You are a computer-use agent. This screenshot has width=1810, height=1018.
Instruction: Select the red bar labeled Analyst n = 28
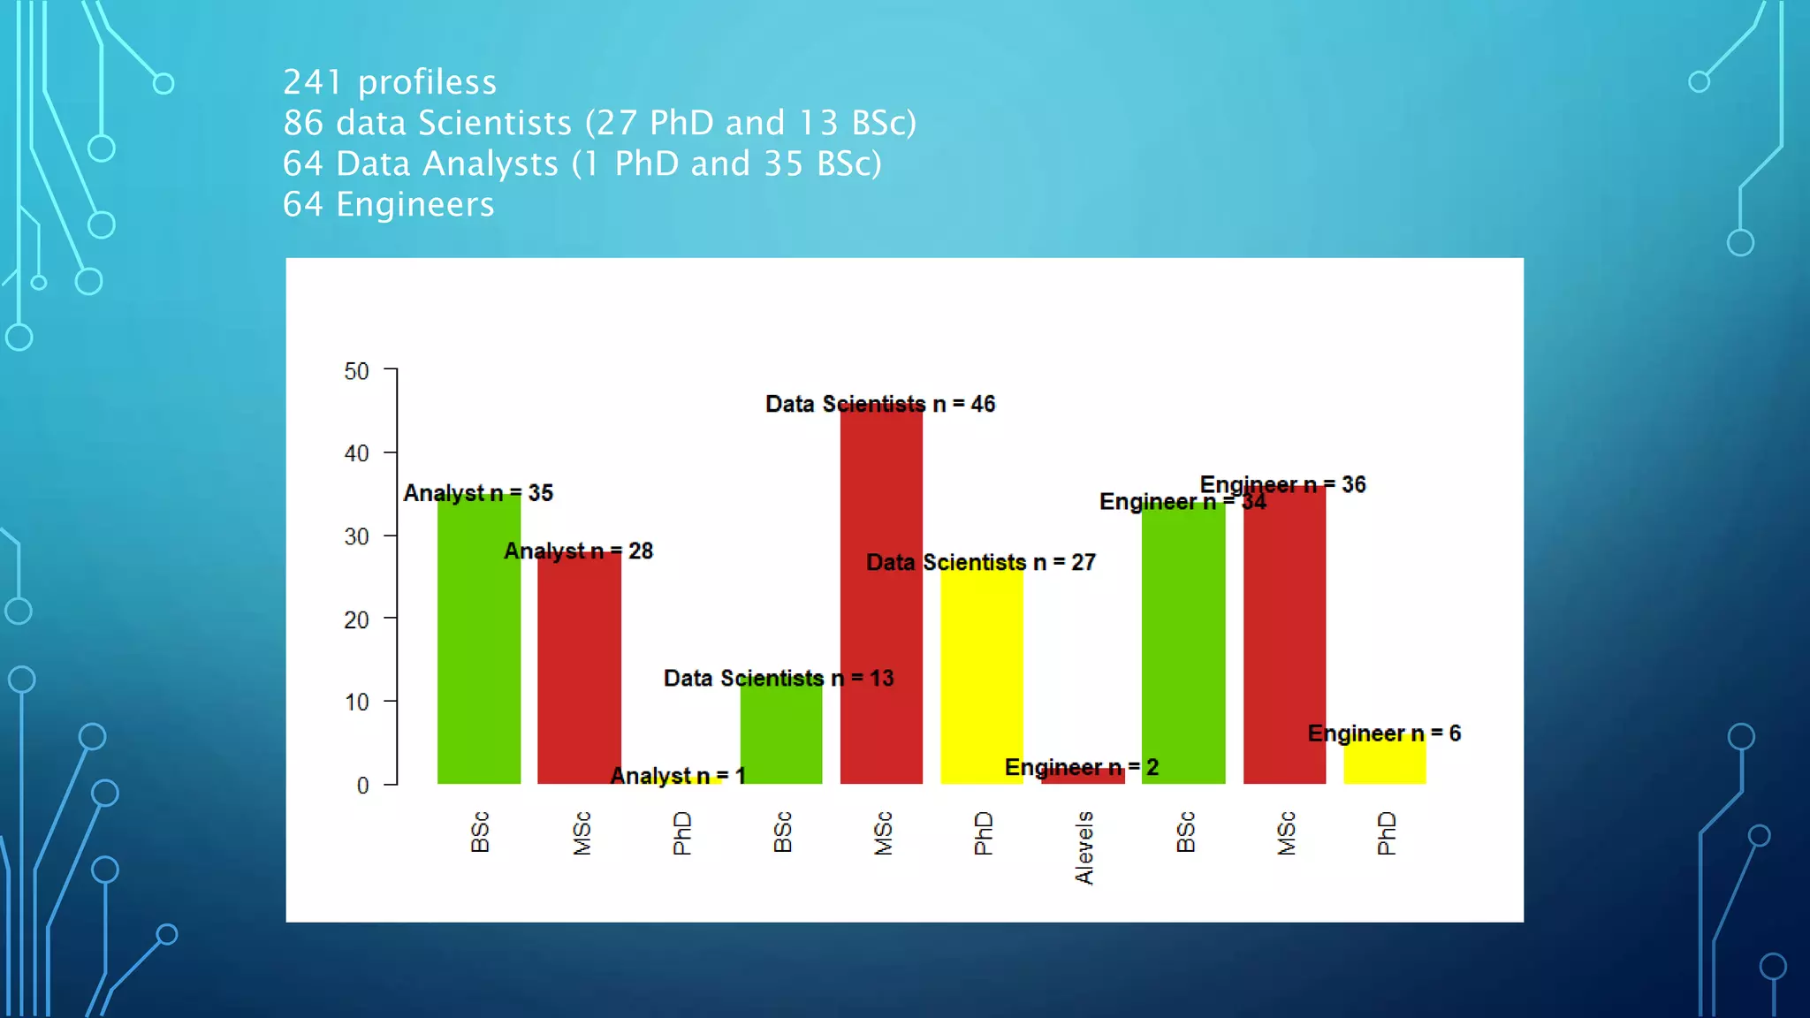(x=579, y=672)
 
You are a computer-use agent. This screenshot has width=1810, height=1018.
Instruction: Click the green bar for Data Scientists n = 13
(x=781, y=733)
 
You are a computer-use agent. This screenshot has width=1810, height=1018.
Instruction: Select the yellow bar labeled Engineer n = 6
(x=1384, y=762)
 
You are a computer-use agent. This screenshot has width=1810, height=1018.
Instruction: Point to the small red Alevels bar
(x=1083, y=778)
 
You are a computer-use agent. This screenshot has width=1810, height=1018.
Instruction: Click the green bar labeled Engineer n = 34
(x=1183, y=645)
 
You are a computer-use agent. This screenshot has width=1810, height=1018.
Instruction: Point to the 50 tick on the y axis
(x=357, y=371)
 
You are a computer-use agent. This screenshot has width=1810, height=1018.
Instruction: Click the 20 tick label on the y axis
(x=357, y=619)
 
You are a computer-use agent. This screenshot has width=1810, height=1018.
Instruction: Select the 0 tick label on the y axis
(x=362, y=785)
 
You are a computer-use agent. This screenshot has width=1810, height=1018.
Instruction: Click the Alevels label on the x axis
(x=1084, y=848)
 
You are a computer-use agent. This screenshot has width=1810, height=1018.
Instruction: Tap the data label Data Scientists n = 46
(x=880, y=404)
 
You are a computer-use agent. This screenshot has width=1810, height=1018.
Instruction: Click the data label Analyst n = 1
(x=678, y=776)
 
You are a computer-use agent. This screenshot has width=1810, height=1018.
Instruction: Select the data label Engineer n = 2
(x=1081, y=767)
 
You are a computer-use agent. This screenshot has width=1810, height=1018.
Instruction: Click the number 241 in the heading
(x=312, y=82)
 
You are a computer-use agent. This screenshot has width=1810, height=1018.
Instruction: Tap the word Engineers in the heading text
(x=415, y=204)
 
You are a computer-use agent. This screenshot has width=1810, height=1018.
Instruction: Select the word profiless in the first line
(x=427, y=82)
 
